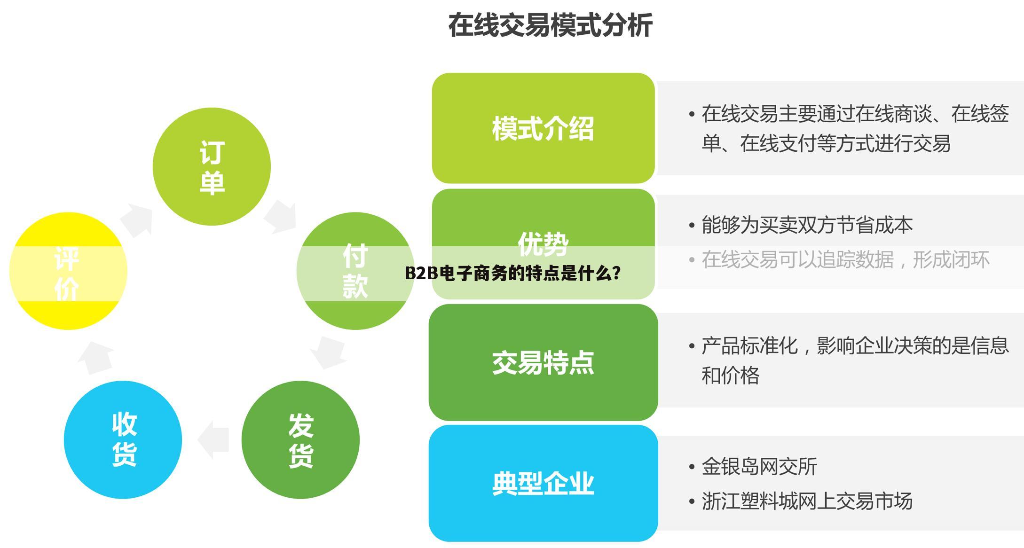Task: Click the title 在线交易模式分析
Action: click(550, 25)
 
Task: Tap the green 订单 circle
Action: click(212, 166)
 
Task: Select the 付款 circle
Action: click(355, 271)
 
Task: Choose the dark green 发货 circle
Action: click(300, 440)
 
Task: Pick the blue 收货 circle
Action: click(123, 440)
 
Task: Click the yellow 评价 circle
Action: click(68, 271)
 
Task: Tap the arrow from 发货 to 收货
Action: click(214, 440)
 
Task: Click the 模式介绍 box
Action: click(543, 128)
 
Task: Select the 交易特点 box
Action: click(543, 362)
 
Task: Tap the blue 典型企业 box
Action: click(543, 483)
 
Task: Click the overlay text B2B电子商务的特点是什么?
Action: click(512, 273)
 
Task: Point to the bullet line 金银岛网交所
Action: click(759, 467)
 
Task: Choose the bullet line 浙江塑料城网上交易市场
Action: click(807, 501)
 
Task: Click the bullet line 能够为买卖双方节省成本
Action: click(807, 225)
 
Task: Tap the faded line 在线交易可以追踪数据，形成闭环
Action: click(845, 259)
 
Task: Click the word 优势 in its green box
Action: click(543, 243)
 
